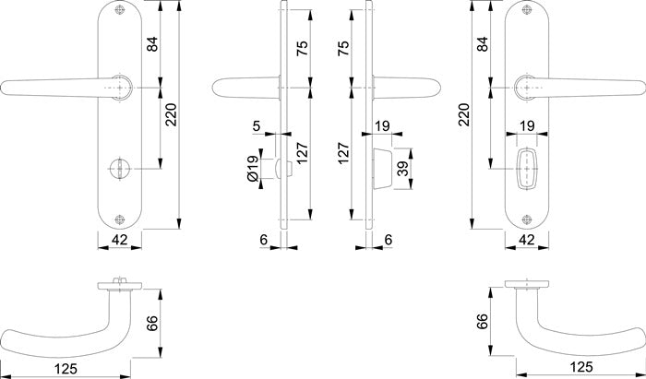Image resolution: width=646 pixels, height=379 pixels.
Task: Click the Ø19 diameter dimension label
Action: tap(253, 169)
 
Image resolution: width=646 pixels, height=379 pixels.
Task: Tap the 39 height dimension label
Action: tap(404, 169)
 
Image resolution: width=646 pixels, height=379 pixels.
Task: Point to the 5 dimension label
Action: tap(257, 126)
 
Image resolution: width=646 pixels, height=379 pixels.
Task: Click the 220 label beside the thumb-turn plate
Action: tap(171, 115)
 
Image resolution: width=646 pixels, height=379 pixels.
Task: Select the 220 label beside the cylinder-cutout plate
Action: tap(464, 115)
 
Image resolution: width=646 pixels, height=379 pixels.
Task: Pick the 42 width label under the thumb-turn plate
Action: tap(119, 239)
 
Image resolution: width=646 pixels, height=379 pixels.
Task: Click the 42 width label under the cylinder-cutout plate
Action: tap(527, 239)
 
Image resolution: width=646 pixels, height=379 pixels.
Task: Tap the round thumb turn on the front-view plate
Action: tap(119, 169)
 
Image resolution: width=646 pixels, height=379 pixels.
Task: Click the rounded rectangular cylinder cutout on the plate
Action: tap(527, 169)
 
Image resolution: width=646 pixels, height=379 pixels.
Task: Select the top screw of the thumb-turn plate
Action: tap(119, 10)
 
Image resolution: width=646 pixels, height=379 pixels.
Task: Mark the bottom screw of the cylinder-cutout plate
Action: tap(527, 219)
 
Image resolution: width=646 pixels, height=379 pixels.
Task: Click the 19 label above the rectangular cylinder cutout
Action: tap(527, 125)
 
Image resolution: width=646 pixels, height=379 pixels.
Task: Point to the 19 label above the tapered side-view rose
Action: tap(382, 125)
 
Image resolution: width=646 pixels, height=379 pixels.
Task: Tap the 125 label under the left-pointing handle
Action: tap(66, 368)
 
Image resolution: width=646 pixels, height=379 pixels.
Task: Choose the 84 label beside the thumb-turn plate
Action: tap(152, 44)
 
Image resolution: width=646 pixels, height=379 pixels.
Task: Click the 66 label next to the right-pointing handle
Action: tap(481, 322)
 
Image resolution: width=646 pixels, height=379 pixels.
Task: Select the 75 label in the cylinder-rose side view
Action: tap(343, 48)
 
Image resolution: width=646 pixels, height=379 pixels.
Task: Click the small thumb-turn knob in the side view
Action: tap(284, 169)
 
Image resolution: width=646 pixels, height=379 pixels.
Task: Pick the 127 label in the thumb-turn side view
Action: tap(303, 153)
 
